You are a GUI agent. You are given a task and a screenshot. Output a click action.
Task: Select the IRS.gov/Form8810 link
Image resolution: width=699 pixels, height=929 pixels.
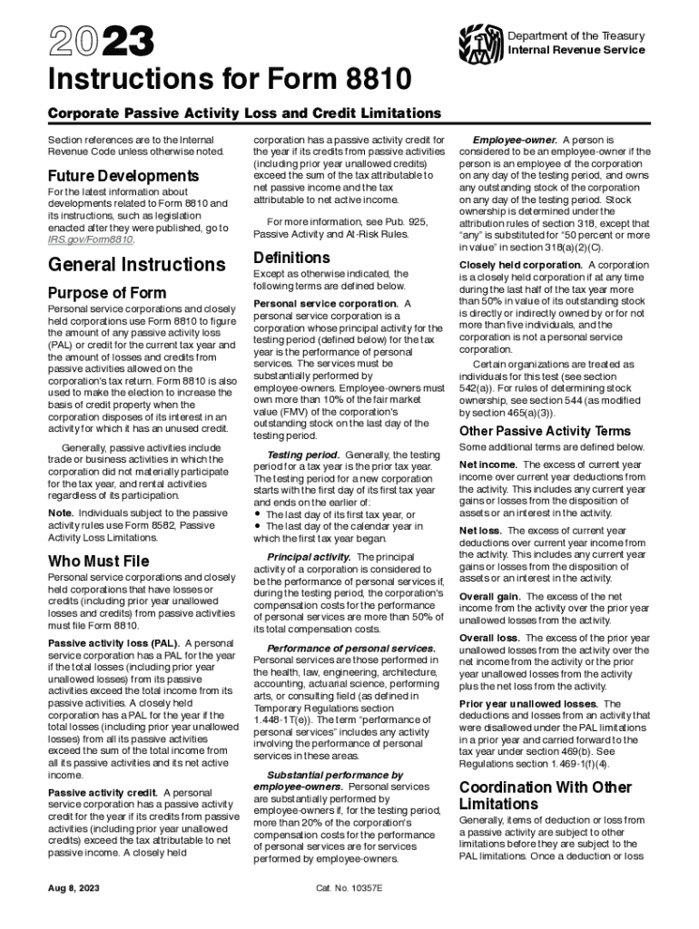coord(91,240)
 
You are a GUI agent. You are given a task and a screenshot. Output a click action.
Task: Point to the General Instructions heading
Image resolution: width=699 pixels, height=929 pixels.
coord(136,265)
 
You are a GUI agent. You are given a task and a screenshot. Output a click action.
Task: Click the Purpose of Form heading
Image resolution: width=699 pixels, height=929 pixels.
coord(106,293)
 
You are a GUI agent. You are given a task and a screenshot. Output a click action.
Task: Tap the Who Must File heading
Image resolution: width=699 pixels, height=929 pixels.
coord(100,560)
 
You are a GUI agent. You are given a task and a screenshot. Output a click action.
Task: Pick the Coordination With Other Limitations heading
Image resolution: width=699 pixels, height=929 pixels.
coord(546,796)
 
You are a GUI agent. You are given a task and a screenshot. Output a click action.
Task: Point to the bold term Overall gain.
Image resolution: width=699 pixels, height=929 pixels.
coord(489,596)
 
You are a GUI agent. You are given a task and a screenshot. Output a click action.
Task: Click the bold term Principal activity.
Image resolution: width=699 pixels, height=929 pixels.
coord(309,556)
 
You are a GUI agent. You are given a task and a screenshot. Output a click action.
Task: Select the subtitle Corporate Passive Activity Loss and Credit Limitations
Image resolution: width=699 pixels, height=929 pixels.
coord(231,113)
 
